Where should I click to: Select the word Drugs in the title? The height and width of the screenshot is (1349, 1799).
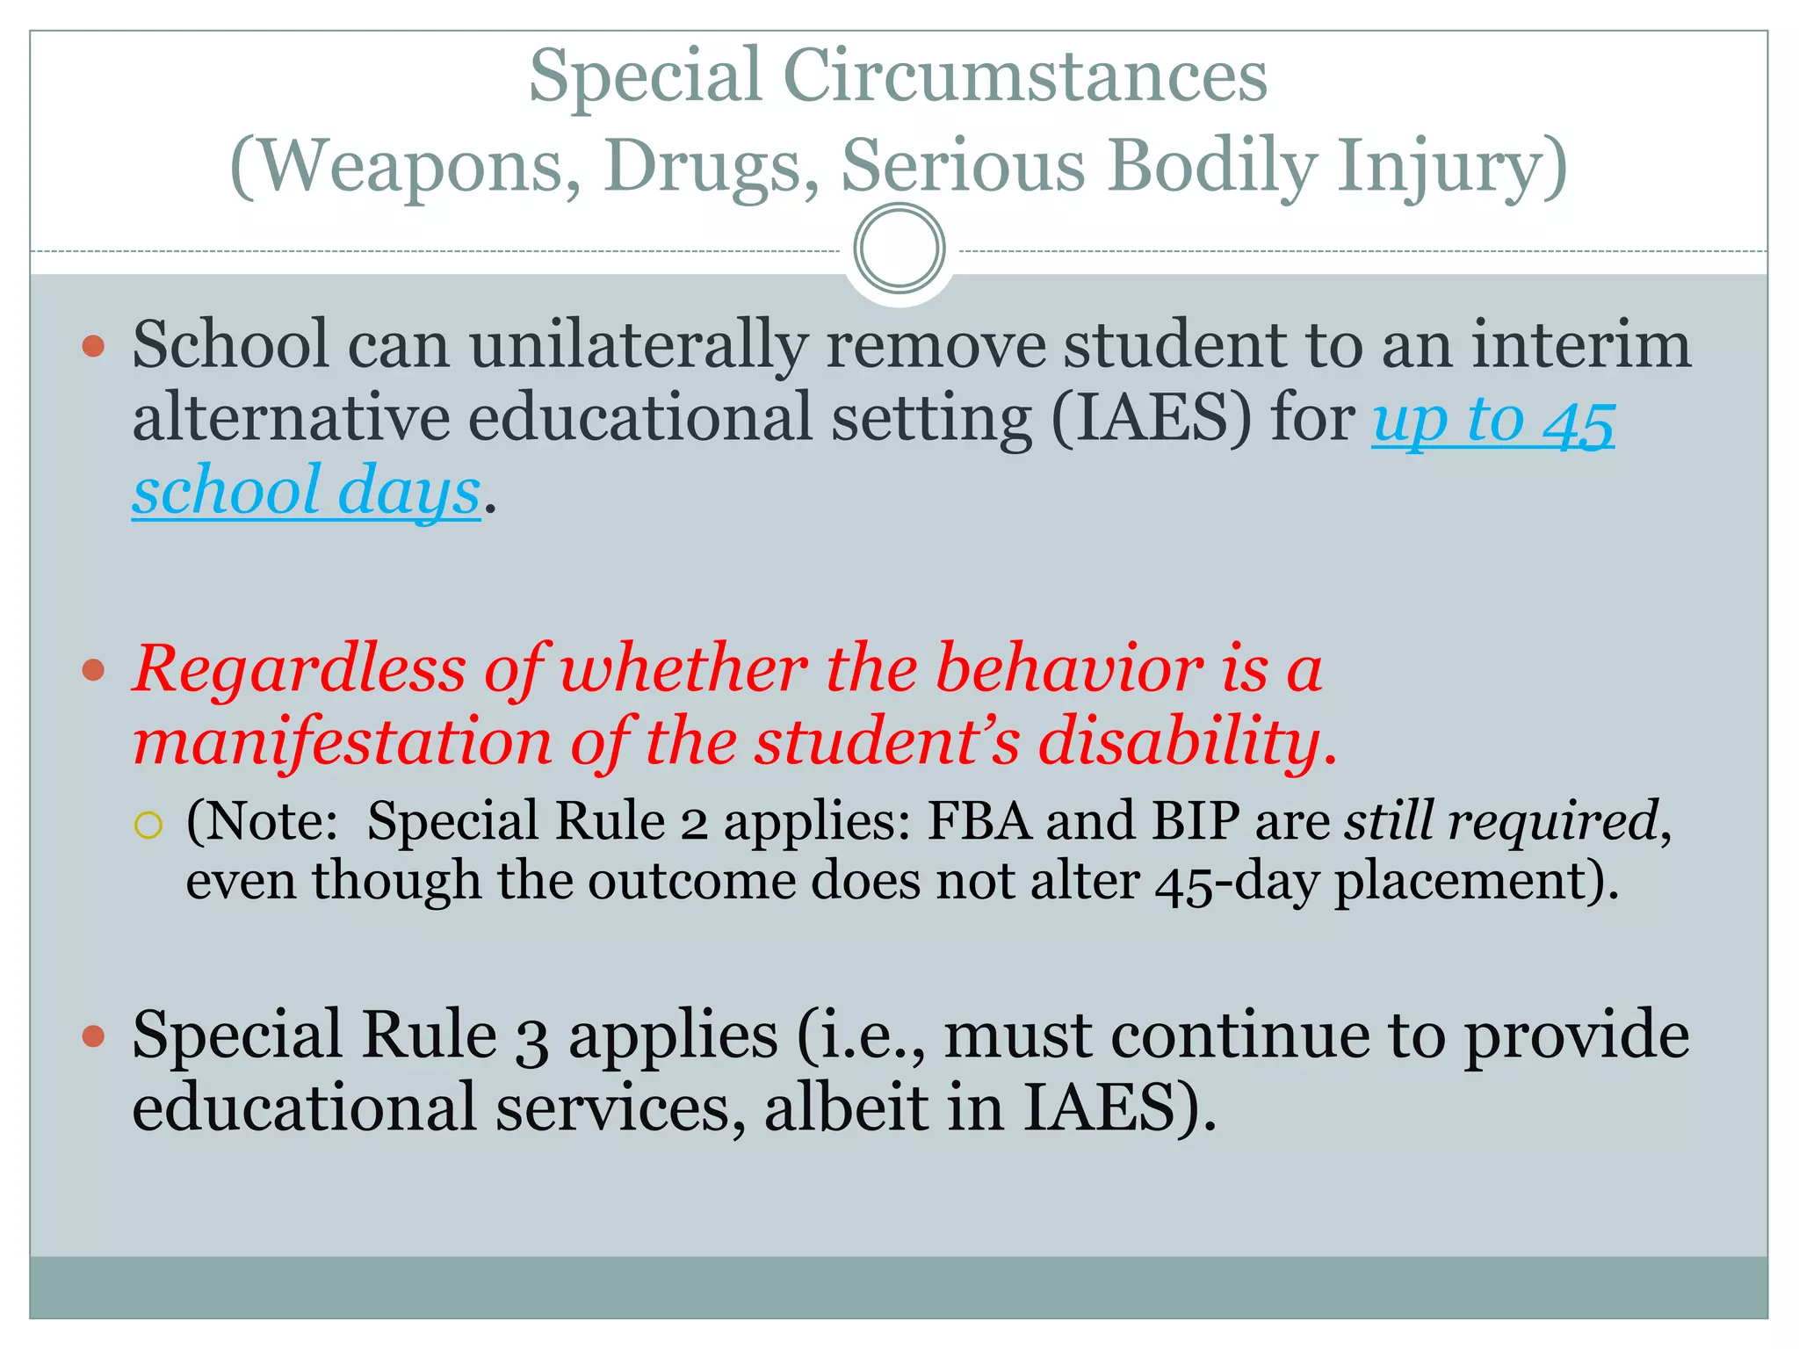[x=711, y=167]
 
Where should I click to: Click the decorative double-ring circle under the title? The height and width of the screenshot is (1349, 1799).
[x=899, y=249]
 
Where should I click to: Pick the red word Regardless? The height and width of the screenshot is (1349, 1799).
[x=299, y=669]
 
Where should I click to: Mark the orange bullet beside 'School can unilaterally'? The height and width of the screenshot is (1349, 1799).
[x=93, y=346]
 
